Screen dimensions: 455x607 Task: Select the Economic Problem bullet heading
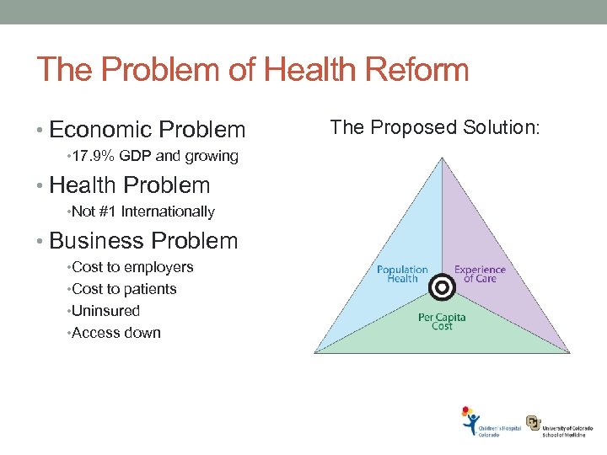tap(148, 130)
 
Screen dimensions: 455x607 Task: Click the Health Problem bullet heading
tap(130, 185)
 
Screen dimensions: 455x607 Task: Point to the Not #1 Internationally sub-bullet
tap(143, 211)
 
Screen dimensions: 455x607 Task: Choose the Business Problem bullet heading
tap(143, 241)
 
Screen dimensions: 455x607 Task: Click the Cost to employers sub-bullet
tap(132, 267)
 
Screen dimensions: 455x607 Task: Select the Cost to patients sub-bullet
tap(124, 289)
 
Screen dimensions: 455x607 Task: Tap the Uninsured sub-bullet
tap(106, 311)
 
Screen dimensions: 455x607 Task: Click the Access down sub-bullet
tap(116, 333)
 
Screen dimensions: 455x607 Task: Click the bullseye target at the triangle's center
tap(441, 287)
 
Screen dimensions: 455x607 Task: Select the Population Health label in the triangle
tap(402, 275)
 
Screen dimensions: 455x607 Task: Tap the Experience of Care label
tap(480, 275)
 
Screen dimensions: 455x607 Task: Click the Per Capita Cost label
tap(442, 322)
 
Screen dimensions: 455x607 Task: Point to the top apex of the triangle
tap(441, 158)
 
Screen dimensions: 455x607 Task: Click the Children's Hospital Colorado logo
tap(489, 423)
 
